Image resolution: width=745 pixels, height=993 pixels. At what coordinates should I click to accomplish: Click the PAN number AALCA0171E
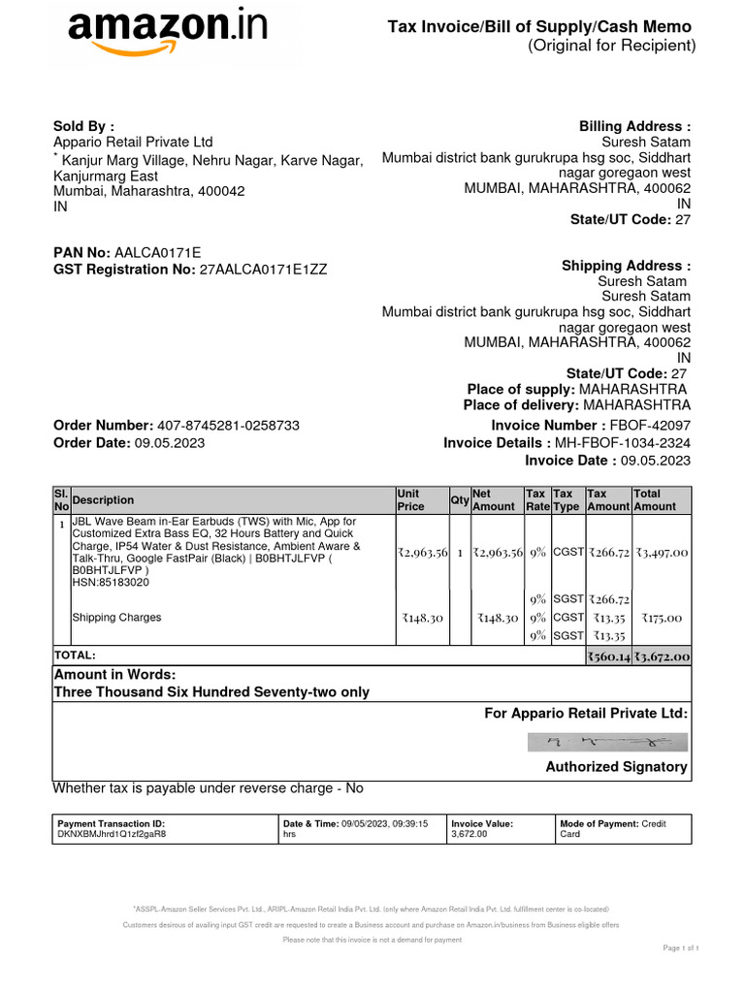158,253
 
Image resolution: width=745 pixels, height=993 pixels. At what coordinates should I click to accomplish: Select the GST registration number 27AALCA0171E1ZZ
263,271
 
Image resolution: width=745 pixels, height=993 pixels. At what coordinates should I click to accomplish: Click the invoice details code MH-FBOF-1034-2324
630,443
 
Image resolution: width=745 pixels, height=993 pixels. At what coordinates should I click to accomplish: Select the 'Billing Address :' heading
634,127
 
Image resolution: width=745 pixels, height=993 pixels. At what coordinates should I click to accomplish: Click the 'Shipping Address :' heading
626,266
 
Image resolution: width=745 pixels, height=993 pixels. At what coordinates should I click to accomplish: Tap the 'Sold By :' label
83,126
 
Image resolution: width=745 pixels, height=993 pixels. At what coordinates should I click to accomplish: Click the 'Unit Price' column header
410,500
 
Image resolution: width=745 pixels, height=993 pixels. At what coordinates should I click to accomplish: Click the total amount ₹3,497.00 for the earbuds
662,552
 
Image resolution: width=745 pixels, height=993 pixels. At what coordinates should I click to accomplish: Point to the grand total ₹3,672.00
663,657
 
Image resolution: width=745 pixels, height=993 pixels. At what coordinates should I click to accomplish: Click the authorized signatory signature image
608,742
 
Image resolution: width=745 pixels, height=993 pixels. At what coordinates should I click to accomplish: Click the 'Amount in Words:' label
114,674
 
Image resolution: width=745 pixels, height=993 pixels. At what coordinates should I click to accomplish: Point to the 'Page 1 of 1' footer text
681,947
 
